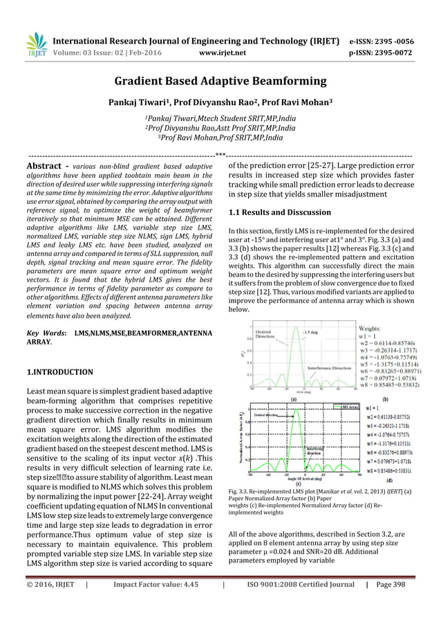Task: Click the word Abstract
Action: click(44, 167)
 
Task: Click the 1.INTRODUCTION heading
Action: click(59, 372)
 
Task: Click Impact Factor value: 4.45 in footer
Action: click(146, 603)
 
